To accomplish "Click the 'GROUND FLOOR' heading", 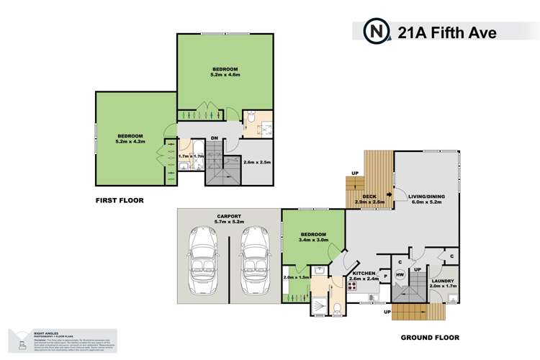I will tap(429, 336).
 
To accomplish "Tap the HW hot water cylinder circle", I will tap(400, 273).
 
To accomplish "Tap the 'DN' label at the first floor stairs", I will tap(215, 140).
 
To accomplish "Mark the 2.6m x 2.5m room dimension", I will tap(256, 162).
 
